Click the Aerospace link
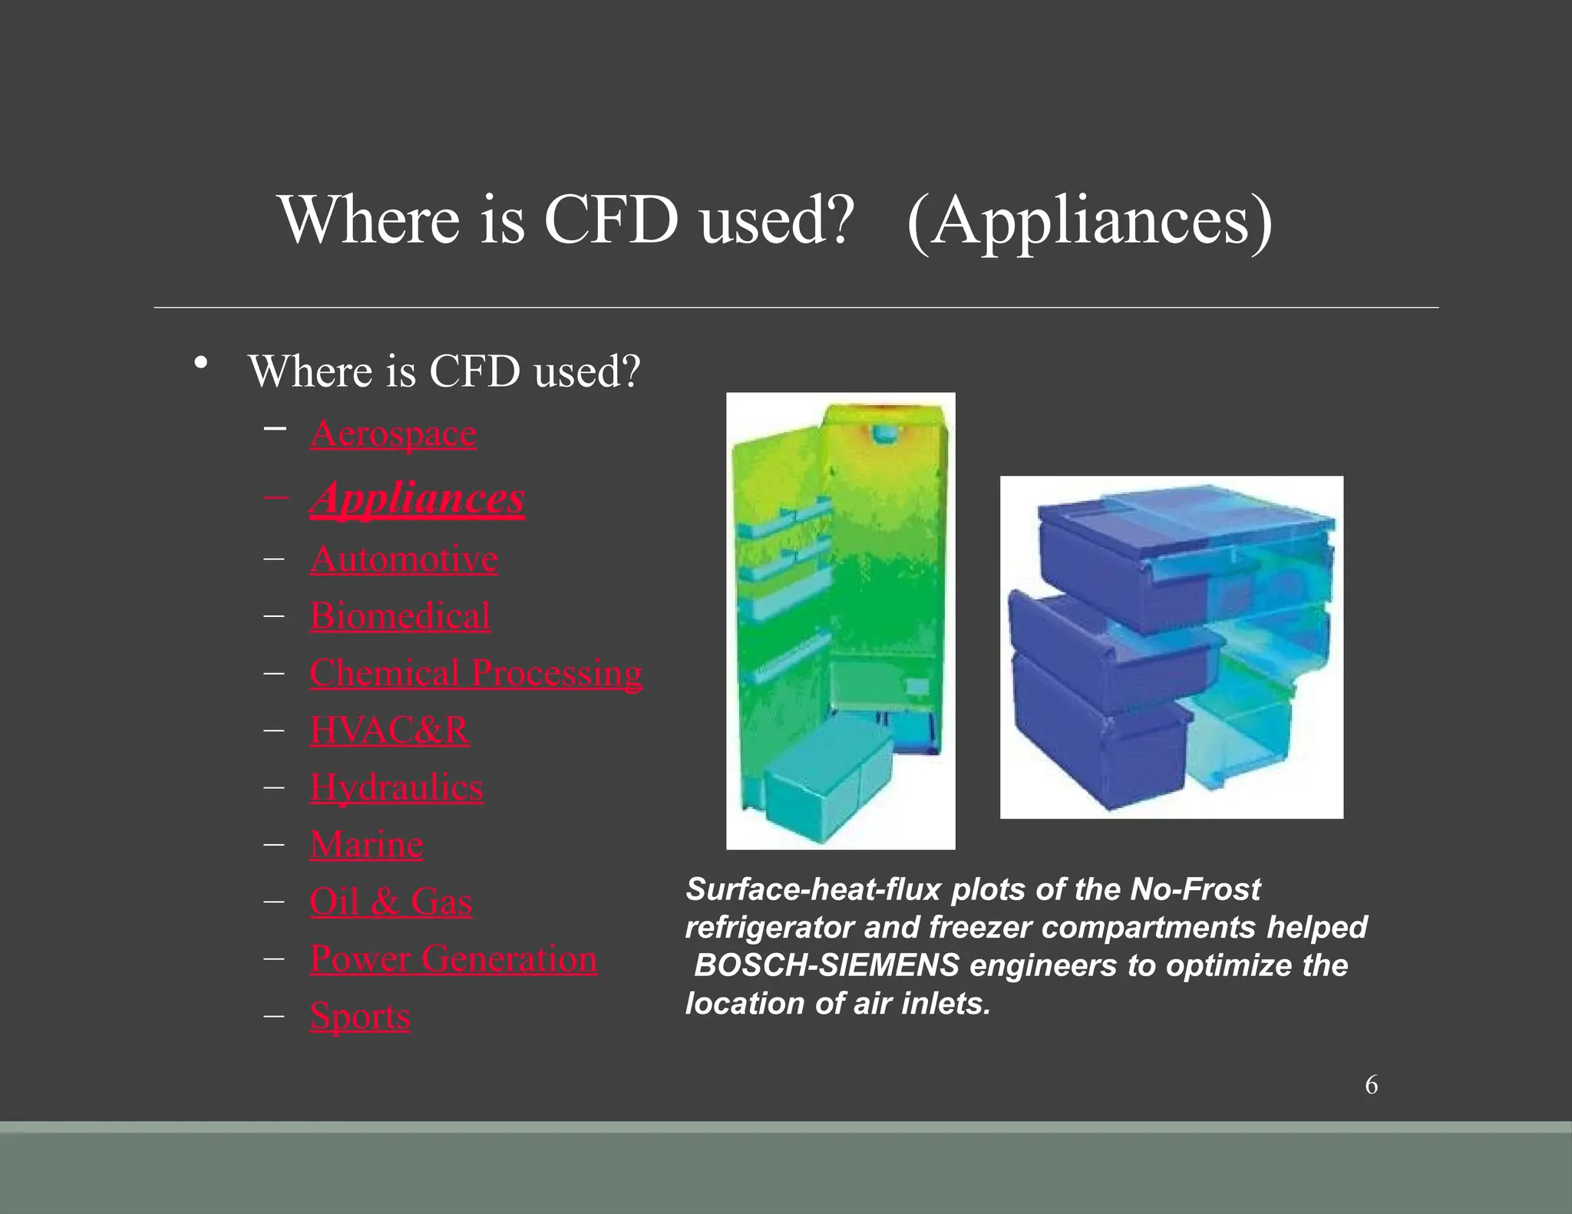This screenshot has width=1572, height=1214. coord(393,434)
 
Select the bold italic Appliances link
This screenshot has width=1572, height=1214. coord(417,499)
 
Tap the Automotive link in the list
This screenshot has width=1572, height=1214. coord(404,559)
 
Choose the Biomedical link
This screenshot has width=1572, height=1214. coord(400,616)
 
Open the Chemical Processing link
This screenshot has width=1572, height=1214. coord(476,673)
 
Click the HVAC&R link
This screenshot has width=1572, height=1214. coord(389,730)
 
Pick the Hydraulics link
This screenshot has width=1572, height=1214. coord(396,787)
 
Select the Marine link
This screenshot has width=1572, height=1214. coord(366,845)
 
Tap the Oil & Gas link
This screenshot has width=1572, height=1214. coord(391,902)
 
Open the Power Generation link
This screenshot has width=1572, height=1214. coord(453,959)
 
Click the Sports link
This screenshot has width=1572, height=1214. coord(360,1016)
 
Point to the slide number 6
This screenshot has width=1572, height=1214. coord(1371,1085)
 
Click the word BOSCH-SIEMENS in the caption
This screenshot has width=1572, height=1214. coord(827,965)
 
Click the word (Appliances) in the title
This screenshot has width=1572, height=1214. coord(1089,220)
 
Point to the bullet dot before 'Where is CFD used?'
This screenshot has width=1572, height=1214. coord(201,363)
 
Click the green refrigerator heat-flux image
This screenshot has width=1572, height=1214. coord(840,620)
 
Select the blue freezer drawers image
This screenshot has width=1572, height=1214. coord(1171,647)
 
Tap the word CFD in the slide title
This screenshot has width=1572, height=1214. coord(611,220)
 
